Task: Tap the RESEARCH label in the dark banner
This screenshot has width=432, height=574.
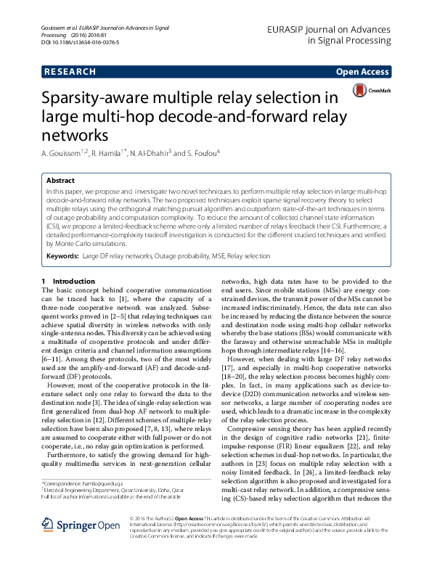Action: pyautogui.click(x=70, y=72)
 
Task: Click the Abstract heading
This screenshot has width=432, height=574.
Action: pyautogui.click(x=60, y=180)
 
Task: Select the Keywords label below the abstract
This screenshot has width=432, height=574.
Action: pyautogui.click(x=62, y=256)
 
